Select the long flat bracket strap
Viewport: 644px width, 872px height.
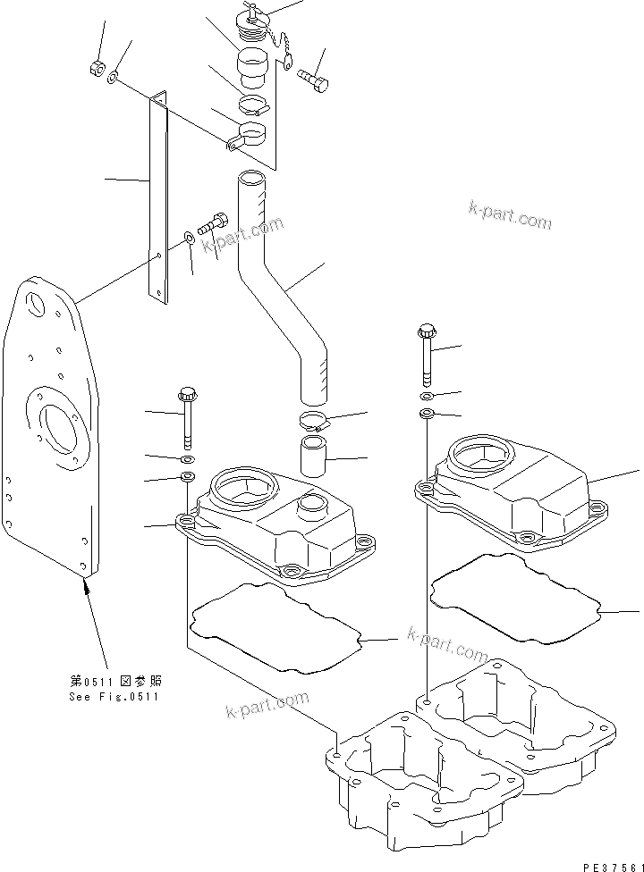pyautogui.click(x=158, y=197)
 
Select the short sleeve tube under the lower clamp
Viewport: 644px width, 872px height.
pyautogui.click(x=313, y=453)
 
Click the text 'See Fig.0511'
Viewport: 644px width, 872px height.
pyautogui.click(x=114, y=697)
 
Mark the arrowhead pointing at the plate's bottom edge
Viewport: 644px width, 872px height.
pyautogui.click(x=87, y=585)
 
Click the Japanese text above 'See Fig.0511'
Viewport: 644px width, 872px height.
pyautogui.click(x=114, y=682)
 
